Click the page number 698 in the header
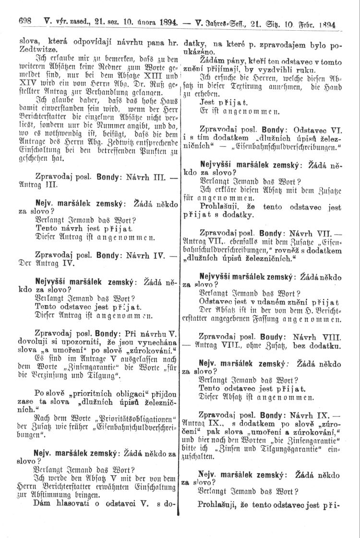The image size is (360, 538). click(x=24, y=22)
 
